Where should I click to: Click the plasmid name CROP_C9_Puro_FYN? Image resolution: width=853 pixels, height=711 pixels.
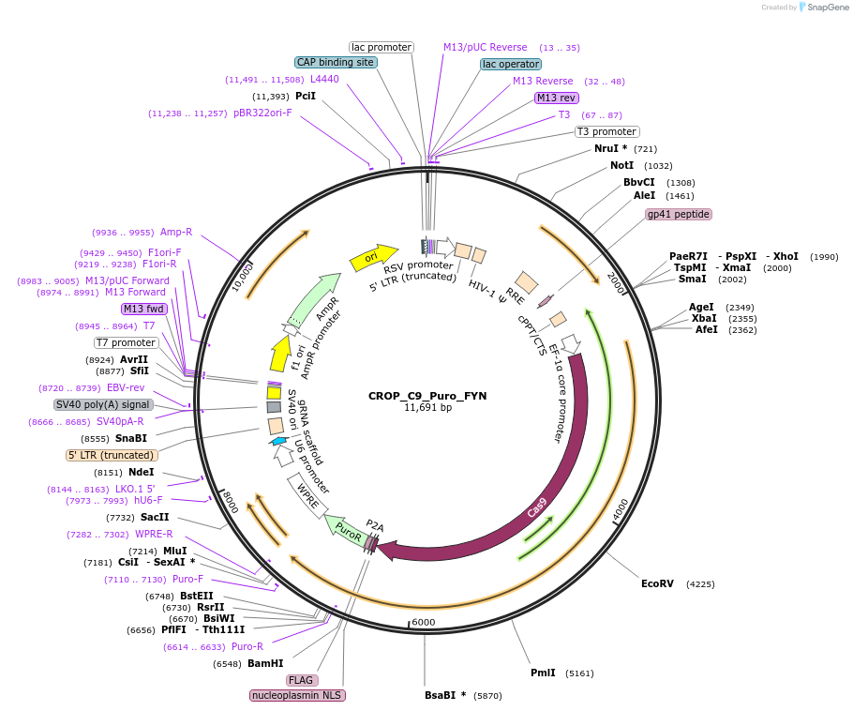tap(427, 396)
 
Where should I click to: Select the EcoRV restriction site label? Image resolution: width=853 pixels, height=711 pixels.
tap(657, 583)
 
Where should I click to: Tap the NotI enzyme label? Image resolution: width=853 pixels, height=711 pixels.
tap(621, 165)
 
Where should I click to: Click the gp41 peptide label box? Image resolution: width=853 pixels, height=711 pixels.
tap(679, 214)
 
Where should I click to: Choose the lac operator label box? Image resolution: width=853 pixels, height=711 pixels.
tap(511, 64)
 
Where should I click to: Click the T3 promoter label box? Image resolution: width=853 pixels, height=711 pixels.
tap(606, 131)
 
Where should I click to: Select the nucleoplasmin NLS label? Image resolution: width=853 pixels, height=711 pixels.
tap(297, 695)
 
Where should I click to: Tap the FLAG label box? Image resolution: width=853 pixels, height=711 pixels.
tap(301, 680)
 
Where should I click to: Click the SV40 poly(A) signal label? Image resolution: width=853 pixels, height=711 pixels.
tap(103, 404)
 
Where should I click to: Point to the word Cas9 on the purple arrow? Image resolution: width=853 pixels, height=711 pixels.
tap(537, 509)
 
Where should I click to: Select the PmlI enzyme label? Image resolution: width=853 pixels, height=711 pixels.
tap(543, 673)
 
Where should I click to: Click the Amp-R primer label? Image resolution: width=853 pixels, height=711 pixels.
tap(176, 232)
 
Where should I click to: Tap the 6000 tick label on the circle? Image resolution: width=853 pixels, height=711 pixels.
tap(424, 622)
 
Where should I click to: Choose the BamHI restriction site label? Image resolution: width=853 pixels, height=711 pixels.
tap(265, 663)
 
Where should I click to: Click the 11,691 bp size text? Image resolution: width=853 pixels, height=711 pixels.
tap(427, 408)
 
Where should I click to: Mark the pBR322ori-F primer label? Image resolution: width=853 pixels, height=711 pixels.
tap(262, 113)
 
